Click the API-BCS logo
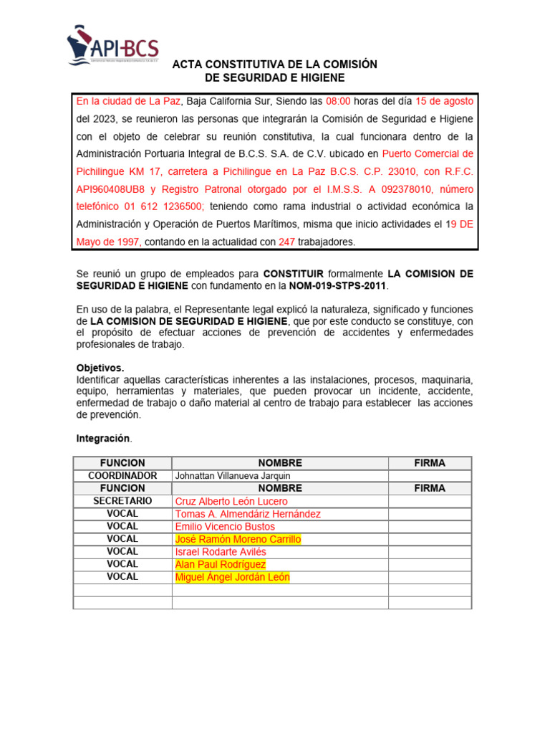(113, 47)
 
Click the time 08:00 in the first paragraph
(338, 101)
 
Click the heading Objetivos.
(100, 368)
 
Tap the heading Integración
(103, 437)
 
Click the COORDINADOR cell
(122, 475)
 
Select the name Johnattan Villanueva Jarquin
(233, 475)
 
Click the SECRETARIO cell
(122, 501)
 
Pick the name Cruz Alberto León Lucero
(231, 501)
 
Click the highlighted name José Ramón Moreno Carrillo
(238, 539)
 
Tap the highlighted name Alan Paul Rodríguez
(220, 564)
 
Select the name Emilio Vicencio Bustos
(226, 526)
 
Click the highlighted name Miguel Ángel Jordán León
(233, 577)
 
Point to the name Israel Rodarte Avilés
(221, 552)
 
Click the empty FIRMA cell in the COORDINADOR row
(429, 475)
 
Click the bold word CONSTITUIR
(294, 274)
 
